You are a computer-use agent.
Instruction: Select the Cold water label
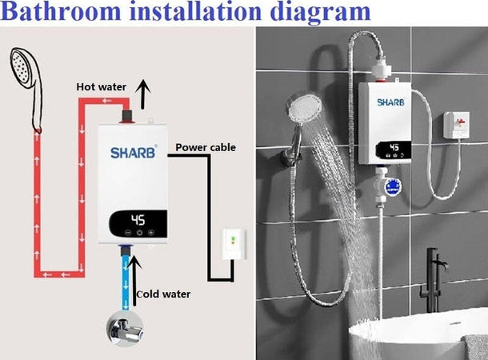click(x=163, y=294)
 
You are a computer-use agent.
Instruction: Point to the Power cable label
click(x=206, y=147)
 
